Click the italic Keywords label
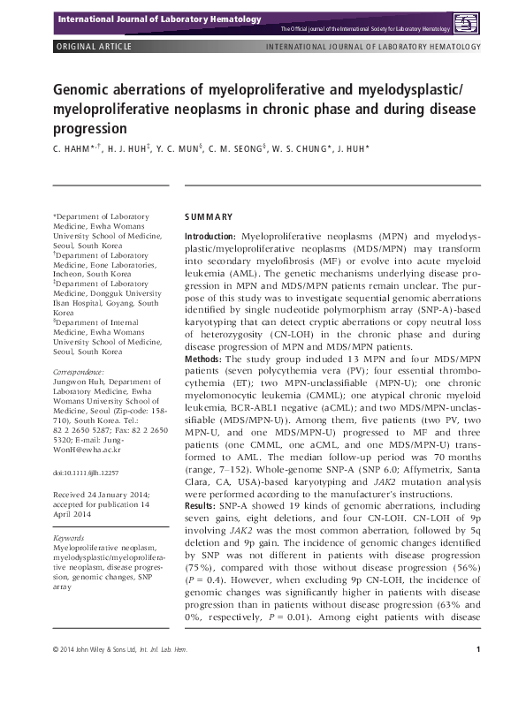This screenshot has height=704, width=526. [x=69, y=537]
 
